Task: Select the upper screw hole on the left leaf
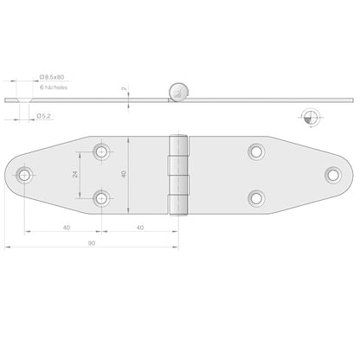tap(104, 152)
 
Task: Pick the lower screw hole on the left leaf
tap(104, 199)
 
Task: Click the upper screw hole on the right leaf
tap(256, 152)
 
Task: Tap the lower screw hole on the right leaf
tap(256, 198)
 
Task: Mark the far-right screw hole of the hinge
tap(333, 175)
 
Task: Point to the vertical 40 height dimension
tap(124, 175)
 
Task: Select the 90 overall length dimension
tap(92, 244)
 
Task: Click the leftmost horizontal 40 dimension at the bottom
tap(66, 228)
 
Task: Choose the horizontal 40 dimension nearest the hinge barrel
tap(140, 228)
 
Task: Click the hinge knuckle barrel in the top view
tap(179, 175)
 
